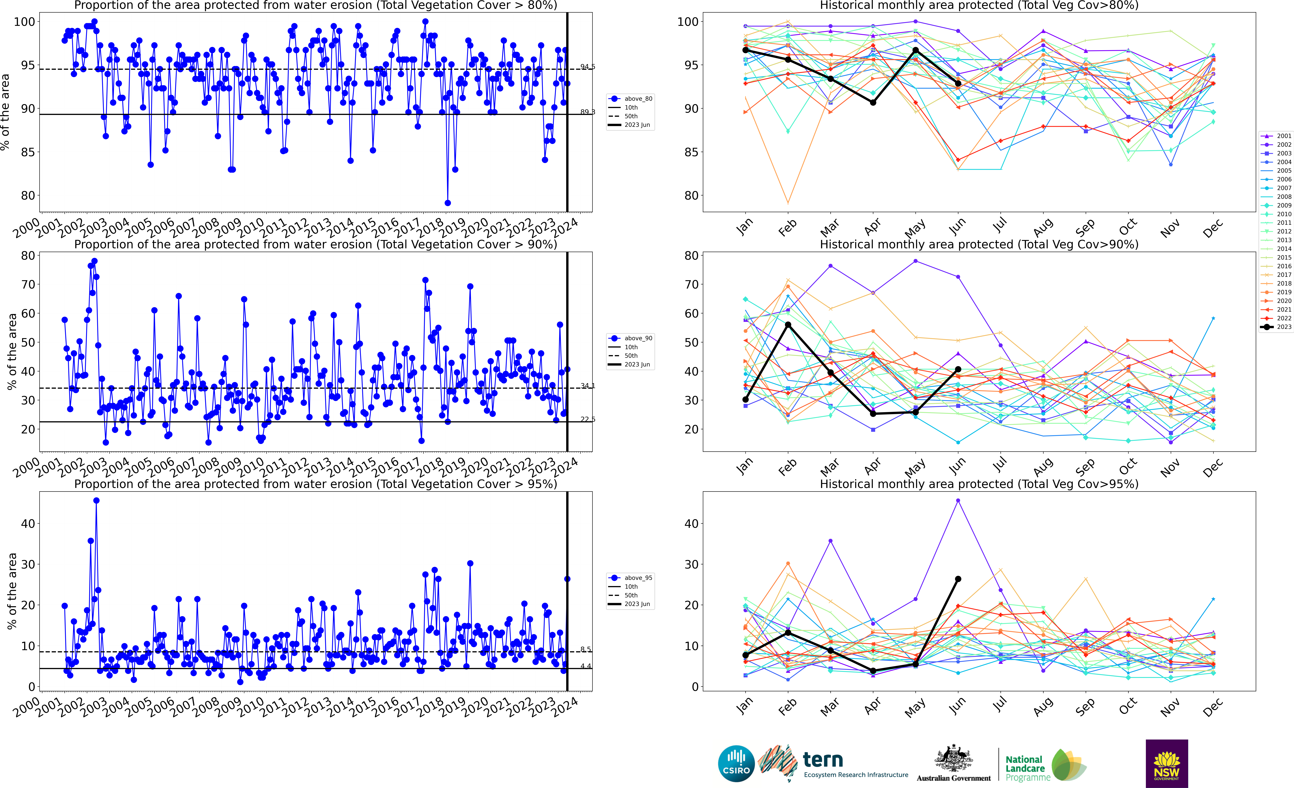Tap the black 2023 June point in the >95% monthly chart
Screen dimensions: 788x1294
[x=958, y=579]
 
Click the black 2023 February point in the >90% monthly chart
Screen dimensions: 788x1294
[x=788, y=325]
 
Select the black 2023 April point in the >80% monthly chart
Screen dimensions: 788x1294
[x=873, y=102]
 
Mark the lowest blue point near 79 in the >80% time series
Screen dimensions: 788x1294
[x=447, y=203]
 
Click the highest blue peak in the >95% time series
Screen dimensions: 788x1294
[x=96, y=501]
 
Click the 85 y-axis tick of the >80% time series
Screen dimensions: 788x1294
[x=27, y=152]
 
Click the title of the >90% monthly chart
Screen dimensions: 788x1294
[x=979, y=244]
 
